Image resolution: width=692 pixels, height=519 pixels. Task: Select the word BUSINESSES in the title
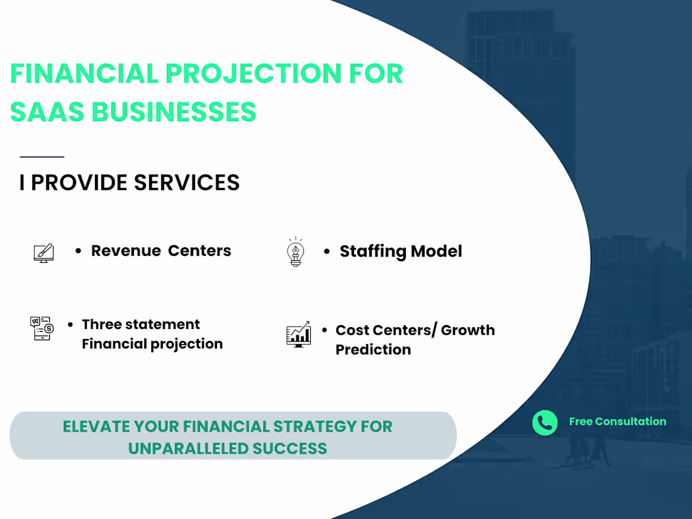pyautogui.click(x=174, y=112)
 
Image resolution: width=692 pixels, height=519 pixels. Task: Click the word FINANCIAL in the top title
pyautogui.click(x=84, y=74)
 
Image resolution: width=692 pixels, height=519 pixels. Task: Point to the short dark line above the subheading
pyautogui.click(x=42, y=157)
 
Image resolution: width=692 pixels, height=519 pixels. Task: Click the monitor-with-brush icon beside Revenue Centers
pyautogui.click(x=43, y=253)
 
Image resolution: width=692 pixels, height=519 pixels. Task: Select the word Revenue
pyautogui.click(x=126, y=250)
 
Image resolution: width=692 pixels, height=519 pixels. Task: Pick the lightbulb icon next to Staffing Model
pyautogui.click(x=295, y=252)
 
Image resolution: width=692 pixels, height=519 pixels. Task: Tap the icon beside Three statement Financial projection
pyautogui.click(x=42, y=328)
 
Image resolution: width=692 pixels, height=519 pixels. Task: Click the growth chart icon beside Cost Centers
pyautogui.click(x=298, y=334)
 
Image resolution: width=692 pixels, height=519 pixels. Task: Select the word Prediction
pyautogui.click(x=373, y=350)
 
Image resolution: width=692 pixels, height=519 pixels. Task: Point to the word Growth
pyautogui.click(x=467, y=330)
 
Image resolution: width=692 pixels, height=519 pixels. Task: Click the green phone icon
pyautogui.click(x=545, y=423)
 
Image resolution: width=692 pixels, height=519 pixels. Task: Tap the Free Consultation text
pyautogui.click(x=617, y=422)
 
